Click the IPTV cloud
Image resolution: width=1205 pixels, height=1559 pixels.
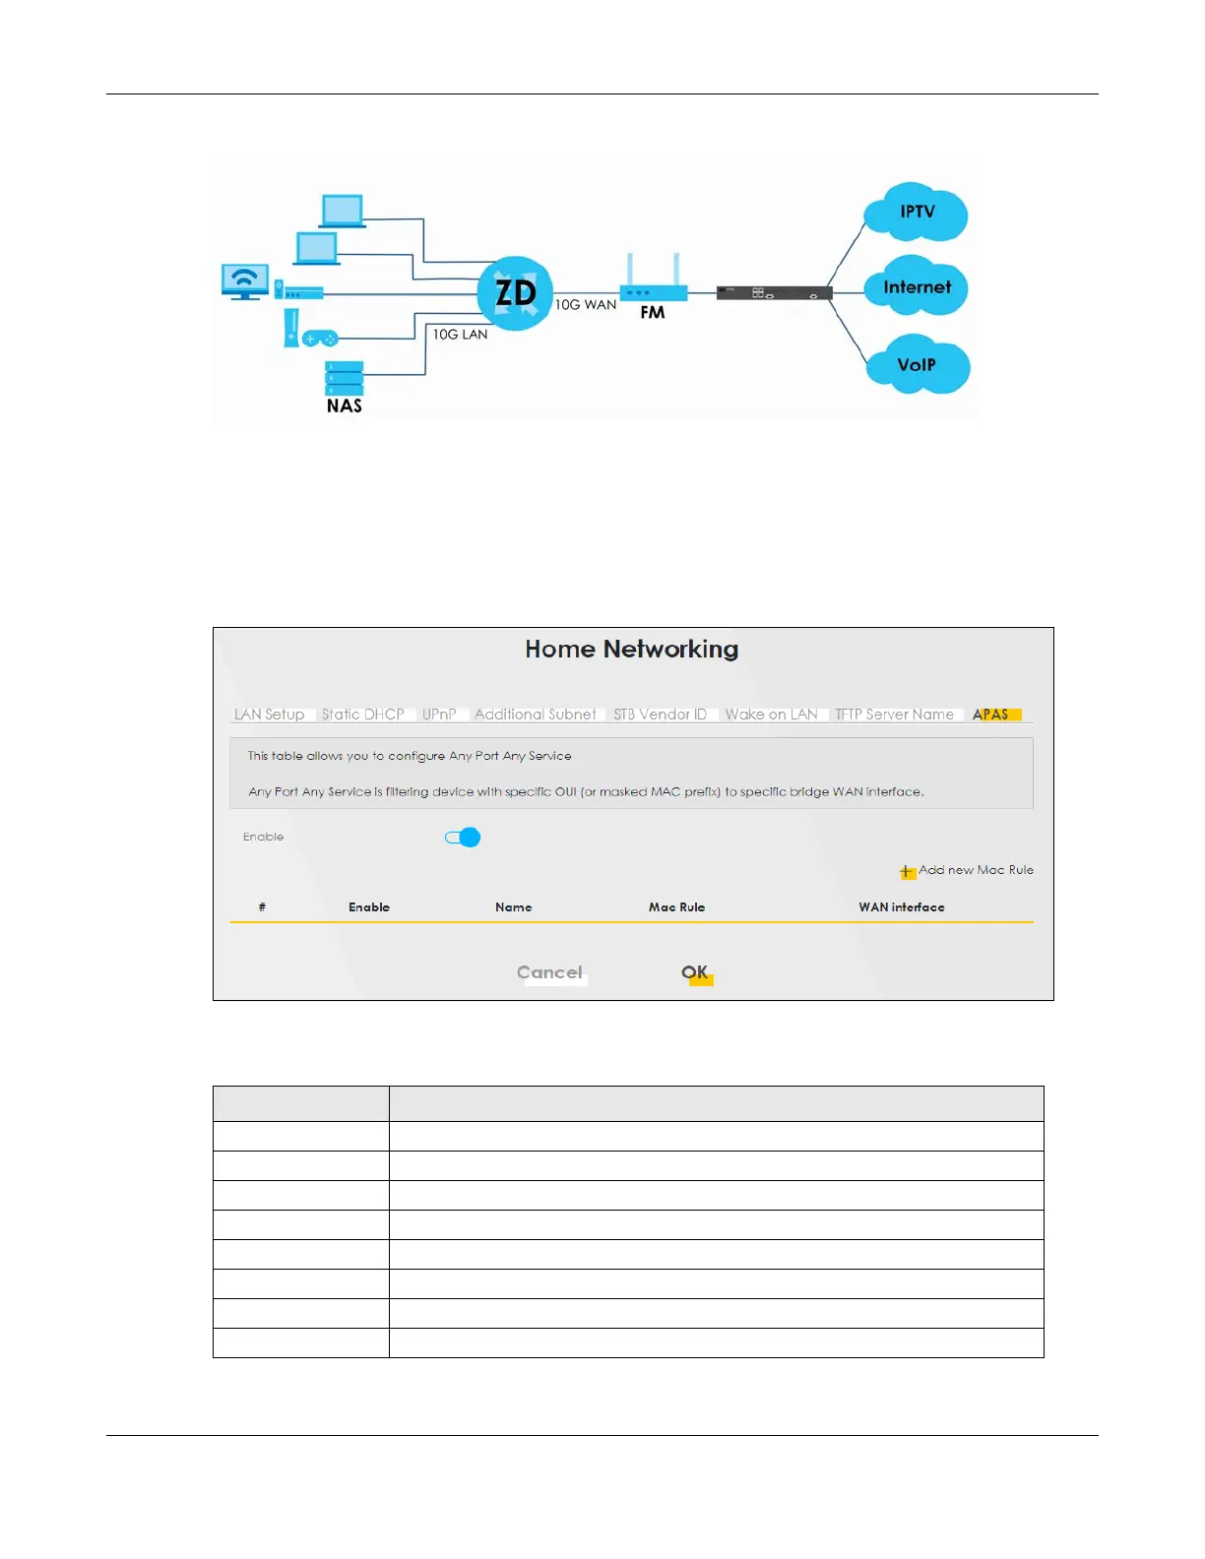coord(916,213)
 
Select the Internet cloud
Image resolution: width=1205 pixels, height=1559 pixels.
coord(917,287)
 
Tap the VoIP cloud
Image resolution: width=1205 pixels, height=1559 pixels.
coord(918,365)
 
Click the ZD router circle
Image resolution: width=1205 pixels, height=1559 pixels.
coord(515,293)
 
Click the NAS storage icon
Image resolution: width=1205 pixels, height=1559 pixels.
coord(345,379)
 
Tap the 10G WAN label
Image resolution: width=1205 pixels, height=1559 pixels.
coord(586,305)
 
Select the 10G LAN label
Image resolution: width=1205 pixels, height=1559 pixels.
coord(460,335)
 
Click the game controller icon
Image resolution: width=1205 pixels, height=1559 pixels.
coord(319,338)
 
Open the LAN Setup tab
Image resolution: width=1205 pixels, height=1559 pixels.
coord(269,715)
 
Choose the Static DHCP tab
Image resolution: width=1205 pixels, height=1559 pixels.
coord(362,715)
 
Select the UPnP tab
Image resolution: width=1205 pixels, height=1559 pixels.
coord(439,715)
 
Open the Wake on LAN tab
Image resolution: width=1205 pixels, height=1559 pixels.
coord(771,715)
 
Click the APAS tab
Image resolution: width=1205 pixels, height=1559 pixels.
coord(991,715)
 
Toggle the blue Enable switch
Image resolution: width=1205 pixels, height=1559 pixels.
coord(463,838)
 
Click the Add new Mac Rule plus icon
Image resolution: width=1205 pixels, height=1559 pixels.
coord(907,871)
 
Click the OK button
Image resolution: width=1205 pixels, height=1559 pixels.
coord(695,972)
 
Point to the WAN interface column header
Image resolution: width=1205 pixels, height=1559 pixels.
coord(901,907)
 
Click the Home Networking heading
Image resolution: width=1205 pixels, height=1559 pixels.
coord(631,650)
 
